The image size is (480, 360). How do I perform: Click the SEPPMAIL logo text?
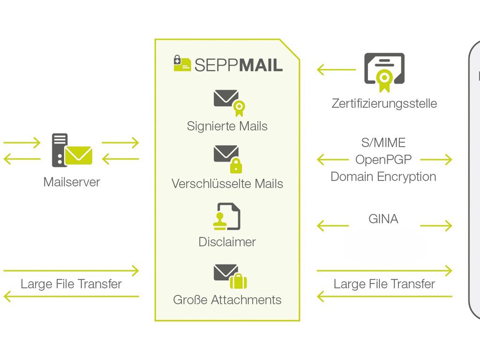coord(238,65)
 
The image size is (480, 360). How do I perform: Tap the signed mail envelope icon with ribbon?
coord(229,102)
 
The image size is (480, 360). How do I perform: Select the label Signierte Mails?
coord(227,126)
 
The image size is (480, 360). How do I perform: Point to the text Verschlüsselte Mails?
coord(227,184)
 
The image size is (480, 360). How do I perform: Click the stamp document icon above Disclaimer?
coord(227,217)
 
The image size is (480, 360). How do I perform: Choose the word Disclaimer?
coord(227,242)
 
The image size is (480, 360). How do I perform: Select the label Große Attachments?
coord(227,300)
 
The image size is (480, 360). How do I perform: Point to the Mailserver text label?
coord(71,182)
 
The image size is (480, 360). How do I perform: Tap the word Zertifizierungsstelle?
coord(384,103)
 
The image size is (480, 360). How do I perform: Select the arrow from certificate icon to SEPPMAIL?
coord(336,70)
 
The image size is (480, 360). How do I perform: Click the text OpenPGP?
coord(383,159)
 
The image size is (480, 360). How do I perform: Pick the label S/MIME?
coord(383,142)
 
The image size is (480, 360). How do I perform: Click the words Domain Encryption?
coord(383,177)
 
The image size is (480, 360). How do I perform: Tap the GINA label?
coord(383,219)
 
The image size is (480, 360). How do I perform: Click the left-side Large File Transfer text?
coord(71,284)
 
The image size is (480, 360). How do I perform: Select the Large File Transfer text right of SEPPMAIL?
coord(384,284)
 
